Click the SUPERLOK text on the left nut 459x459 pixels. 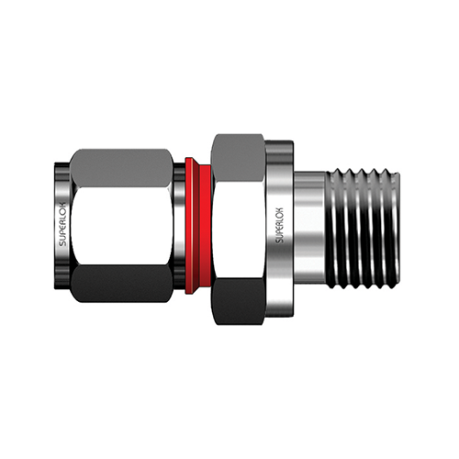[62, 224]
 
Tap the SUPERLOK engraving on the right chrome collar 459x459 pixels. [280, 226]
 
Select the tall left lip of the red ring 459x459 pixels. [192, 226]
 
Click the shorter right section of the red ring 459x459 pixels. [206, 226]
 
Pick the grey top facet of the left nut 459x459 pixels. [121, 168]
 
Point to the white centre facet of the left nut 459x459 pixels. [122, 226]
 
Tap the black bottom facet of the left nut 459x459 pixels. [121, 284]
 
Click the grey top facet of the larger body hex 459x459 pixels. [238, 157]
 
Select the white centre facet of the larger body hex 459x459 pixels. [238, 229]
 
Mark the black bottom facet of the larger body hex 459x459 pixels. [238, 301]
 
